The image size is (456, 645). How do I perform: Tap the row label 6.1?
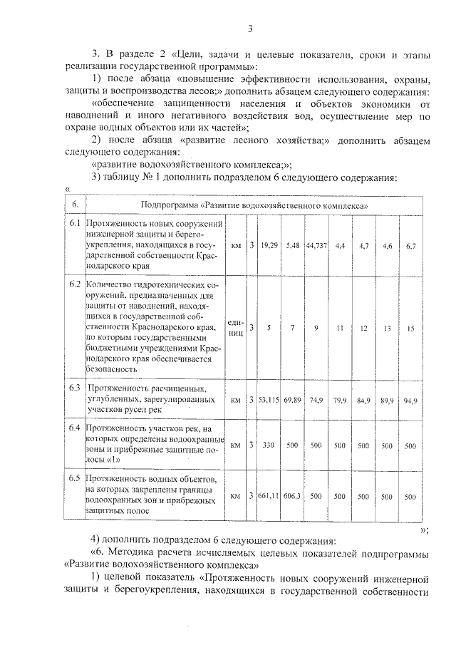tap(74, 224)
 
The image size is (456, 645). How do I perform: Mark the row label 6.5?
tap(74, 474)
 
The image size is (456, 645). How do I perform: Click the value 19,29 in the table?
tap(269, 246)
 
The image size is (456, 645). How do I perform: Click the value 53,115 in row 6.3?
tap(269, 401)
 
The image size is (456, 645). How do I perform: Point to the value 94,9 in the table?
tap(410, 401)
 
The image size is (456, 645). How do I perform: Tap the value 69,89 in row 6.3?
tap(292, 401)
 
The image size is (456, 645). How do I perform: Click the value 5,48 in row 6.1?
tap(292, 246)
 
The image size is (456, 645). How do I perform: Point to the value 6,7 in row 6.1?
tap(410, 246)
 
